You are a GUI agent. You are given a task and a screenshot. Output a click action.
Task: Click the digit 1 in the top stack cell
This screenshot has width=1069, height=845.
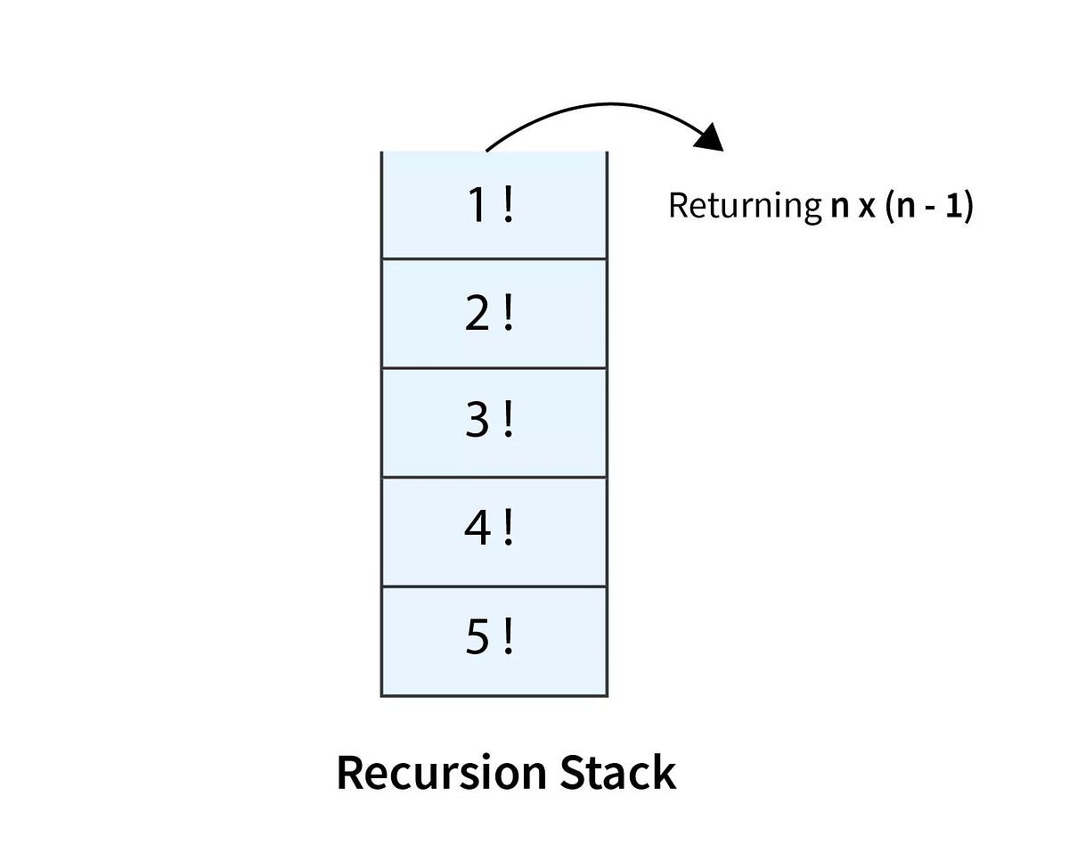click(478, 206)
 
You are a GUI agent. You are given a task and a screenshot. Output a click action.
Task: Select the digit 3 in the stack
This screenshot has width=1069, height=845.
click(478, 422)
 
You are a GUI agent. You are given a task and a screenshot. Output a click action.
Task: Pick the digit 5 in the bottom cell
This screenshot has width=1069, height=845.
click(478, 640)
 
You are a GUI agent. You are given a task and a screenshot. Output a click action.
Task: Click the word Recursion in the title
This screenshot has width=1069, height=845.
click(440, 772)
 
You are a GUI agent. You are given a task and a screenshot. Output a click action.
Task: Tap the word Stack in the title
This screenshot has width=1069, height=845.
click(617, 772)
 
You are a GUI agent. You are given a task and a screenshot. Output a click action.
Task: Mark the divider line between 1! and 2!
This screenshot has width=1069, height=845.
click(494, 259)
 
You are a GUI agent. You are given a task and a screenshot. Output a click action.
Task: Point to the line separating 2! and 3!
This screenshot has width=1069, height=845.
click(494, 367)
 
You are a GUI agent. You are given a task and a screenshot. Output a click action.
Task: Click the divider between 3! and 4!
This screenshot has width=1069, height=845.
click(494, 477)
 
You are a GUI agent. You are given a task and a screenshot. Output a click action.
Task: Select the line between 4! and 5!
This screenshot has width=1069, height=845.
click(494, 586)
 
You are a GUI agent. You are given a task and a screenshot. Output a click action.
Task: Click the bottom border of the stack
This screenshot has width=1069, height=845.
click(494, 694)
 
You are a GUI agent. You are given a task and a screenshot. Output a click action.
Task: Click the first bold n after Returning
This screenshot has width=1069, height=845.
click(836, 207)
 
